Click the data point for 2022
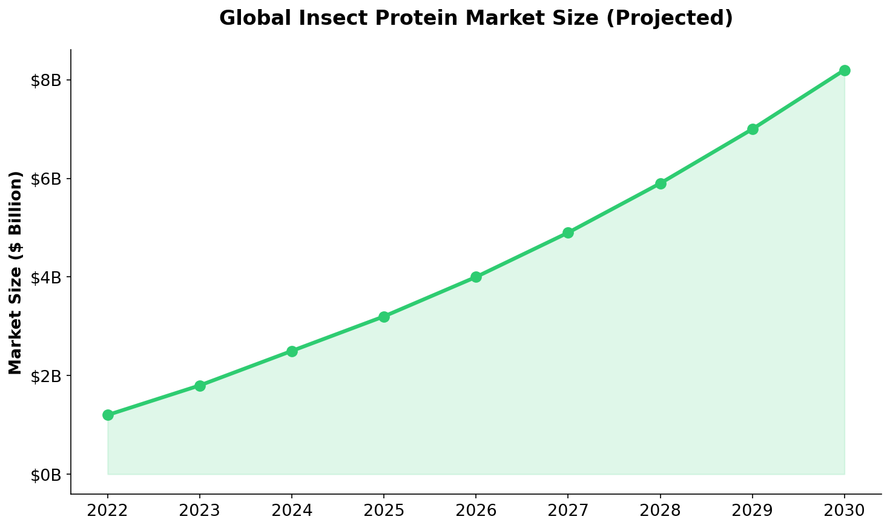pyautogui.click(x=108, y=415)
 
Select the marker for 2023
pyautogui.click(x=200, y=386)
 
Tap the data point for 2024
pyautogui.click(x=292, y=351)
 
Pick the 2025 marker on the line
pyautogui.click(x=384, y=317)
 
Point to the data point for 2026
pyautogui.click(x=476, y=277)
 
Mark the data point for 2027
pyautogui.click(x=568, y=233)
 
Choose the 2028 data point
pyautogui.click(x=661, y=183)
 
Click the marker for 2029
pyautogui.click(x=753, y=129)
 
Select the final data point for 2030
pyautogui.click(x=845, y=70)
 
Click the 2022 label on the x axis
pyautogui.click(x=108, y=510)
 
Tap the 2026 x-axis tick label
pyautogui.click(x=476, y=510)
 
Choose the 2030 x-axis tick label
pyautogui.click(x=845, y=510)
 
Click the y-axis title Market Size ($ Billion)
pyautogui.click(x=16, y=272)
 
